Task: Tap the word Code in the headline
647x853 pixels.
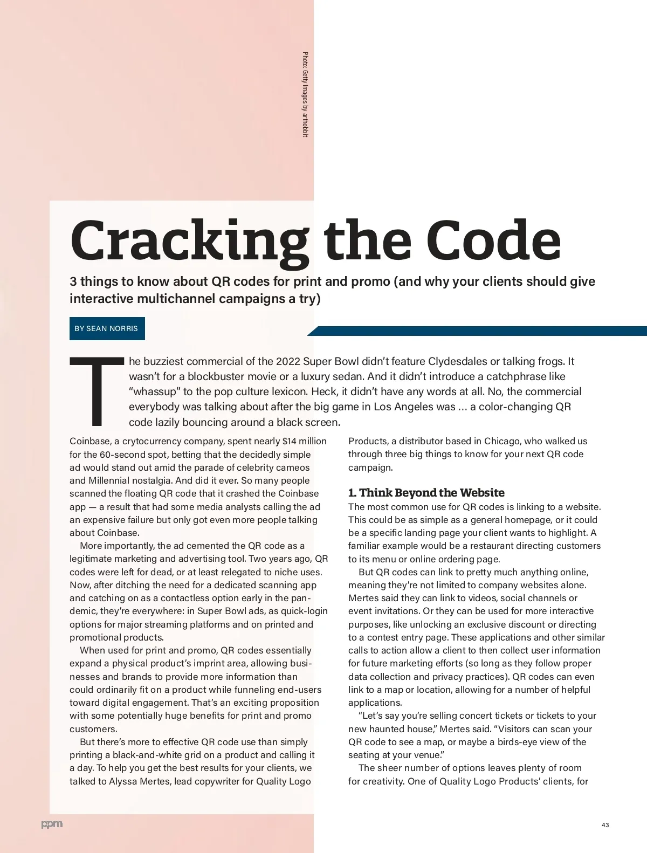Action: tap(493, 240)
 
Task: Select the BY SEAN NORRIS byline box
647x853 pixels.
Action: tap(107, 328)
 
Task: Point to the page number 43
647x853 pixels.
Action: tap(605, 825)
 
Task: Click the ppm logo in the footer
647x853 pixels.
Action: tap(52, 824)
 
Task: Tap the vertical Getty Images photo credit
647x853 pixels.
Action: tap(305, 94)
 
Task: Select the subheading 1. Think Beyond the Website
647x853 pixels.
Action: tap(426, 493)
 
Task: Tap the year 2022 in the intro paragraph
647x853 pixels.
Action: tap(288, 361)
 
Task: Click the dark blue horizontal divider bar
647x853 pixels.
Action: tap(480, 331)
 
